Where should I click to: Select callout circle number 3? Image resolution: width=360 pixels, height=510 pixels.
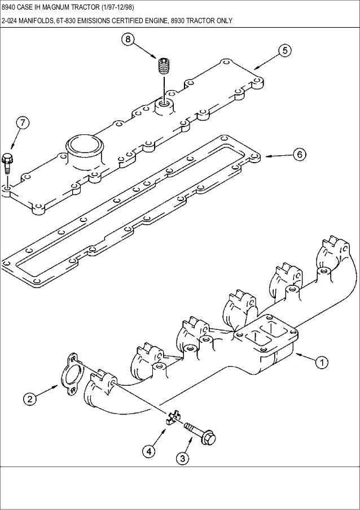click(x=182, y=457)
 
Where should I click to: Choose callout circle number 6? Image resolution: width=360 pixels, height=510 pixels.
click(x=299, y=154)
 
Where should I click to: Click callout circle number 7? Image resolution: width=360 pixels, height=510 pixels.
click(x=23, y=123)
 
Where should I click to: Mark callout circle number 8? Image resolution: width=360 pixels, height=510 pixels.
click(x=129, y=40)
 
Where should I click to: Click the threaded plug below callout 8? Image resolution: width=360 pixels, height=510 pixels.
click(x=164, y=68)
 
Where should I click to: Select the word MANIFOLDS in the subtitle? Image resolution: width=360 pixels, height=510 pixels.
click(x=41, y=23)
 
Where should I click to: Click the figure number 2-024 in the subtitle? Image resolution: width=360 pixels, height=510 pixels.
click(x=11, y=23)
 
